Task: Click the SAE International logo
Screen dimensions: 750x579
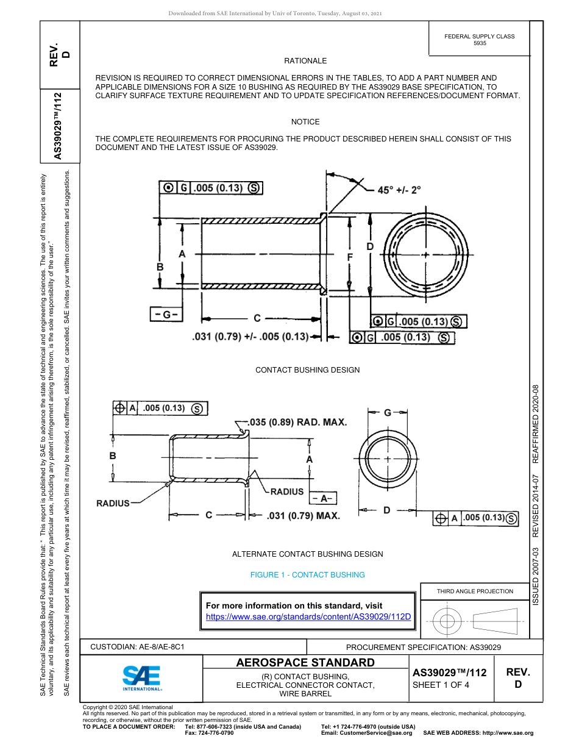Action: pyautogui.click(x=141, y=677)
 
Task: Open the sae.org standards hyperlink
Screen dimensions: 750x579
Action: pyautogui.click(x=308, y=616)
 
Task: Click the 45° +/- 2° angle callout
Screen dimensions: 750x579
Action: pyautogui.click(x=399, y=190)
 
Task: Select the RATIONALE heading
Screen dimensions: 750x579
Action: pyautogui.click(x=305, y=61)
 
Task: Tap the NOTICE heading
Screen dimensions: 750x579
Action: pyautogui.click(x=305, y=122)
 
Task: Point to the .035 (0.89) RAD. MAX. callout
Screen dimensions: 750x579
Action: pyautogui.click(x=298, y=422)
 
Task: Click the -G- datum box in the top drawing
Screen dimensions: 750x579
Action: pyautogui.click(x=166, y=315)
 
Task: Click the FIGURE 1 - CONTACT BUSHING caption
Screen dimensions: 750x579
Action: pyautogui.click(x=307, y=575)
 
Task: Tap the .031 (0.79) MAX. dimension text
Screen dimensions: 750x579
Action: pyautogui.click(x=303, y=516)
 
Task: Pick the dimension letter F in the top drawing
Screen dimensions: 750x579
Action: pyautogui.click(x=350, y=258)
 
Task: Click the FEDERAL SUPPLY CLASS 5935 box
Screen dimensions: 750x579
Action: pyautogui.click(x=479, y=40)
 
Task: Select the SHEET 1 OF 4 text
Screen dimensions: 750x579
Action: pyautogui.click(x=441, y=684)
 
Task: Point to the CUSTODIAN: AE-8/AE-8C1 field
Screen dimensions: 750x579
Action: pyautogui.click(x=137, y=646)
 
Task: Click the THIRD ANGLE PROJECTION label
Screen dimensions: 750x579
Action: pyautogui.click(x=474, y=591)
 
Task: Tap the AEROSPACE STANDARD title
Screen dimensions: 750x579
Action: pyautogui.click(x=305, y=663)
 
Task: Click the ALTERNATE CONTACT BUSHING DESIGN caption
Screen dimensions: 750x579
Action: pyautogui.click(x=307, y=554)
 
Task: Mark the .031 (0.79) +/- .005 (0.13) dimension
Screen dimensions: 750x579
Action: pyautogui.click(x=250, y=336)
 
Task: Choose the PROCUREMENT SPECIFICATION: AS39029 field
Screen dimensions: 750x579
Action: pyautogui.click(x=423, y=647)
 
